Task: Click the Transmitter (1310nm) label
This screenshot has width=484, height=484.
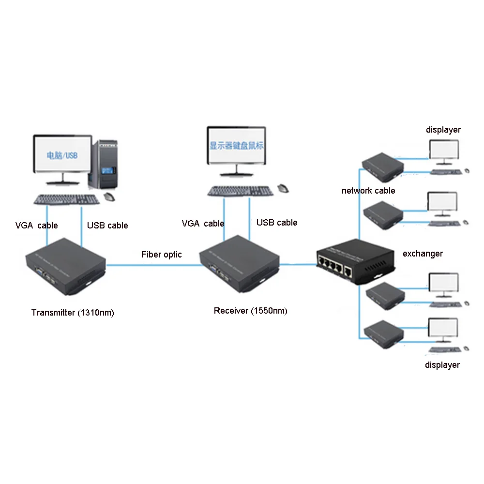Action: tap(73, 313)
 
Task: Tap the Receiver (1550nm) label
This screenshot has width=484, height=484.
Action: tap(250, 311)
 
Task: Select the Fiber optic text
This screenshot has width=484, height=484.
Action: tap(161, 255)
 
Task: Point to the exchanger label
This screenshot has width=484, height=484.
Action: tap(423, 254)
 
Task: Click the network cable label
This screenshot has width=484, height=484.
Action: tap(368, 191)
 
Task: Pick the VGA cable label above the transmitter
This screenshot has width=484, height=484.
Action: tap(36, 226)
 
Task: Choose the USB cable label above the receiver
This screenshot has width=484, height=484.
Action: tap(277, 223)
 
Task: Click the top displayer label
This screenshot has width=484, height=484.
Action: tap(443, 130)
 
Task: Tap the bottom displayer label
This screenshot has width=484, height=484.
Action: tap(442, 365)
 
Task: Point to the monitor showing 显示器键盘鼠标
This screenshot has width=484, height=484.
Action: tap(236, 146)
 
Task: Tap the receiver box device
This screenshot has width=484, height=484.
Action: tap(240, 263)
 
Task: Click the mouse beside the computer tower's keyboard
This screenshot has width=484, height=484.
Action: tap(109, 197)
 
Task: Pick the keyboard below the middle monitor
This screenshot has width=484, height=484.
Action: tap(240, 191)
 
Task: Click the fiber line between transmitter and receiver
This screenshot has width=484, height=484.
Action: tap(153, 265)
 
